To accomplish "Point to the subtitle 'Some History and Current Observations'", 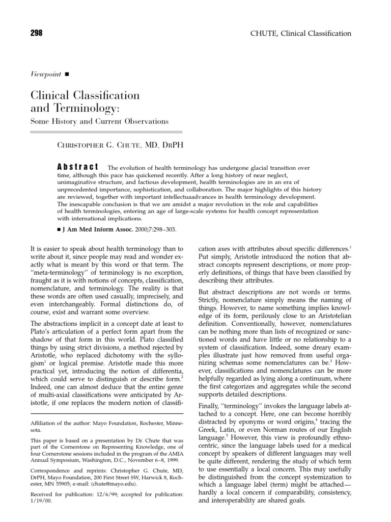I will tap(100, 121).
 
